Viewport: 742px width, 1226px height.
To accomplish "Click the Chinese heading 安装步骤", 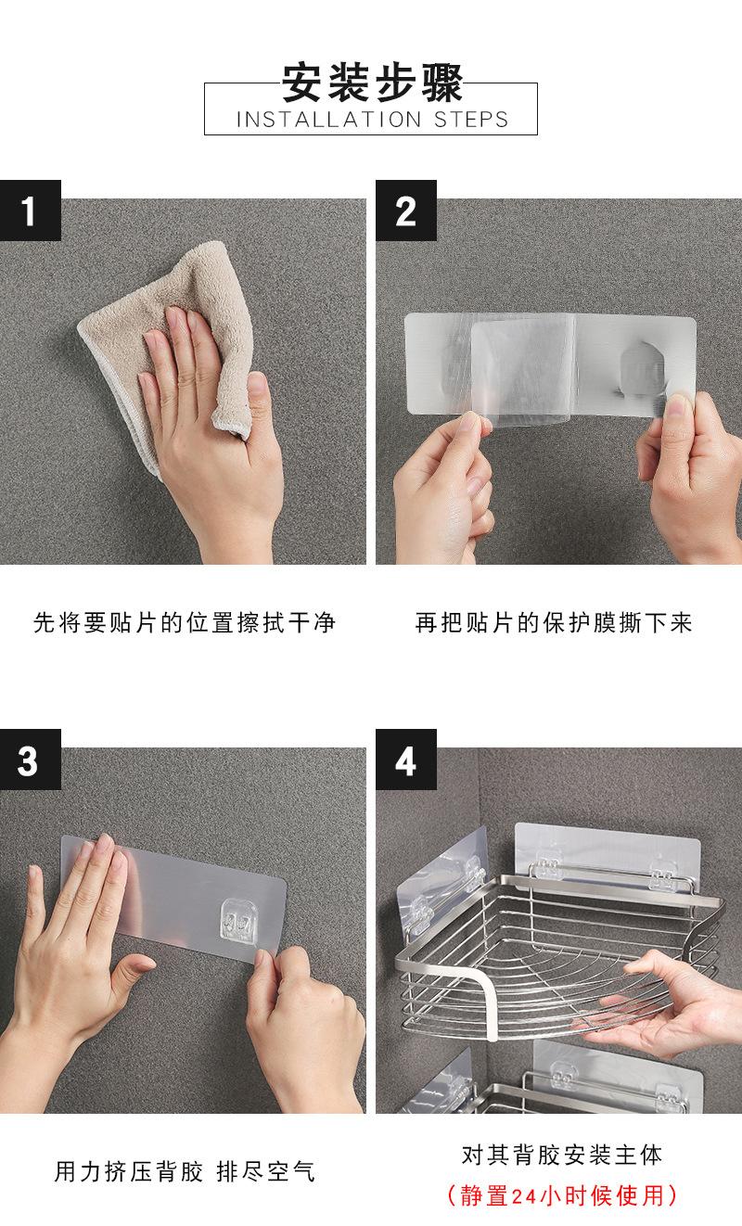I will coord(371,82).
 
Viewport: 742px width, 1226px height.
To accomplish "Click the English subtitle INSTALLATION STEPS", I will coord(372,120).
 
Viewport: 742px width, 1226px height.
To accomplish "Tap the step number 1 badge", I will coord(30,211).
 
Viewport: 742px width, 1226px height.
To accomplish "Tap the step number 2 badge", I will coord(405,211).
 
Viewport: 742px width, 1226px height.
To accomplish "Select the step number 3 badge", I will coord(30,760).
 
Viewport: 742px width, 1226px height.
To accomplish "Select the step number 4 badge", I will coord(405,760).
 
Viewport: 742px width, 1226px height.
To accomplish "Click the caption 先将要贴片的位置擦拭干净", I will coord(185,622).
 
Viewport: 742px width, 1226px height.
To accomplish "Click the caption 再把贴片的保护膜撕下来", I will coord(554,622).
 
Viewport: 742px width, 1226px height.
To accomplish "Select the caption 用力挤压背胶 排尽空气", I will coord(185,1171).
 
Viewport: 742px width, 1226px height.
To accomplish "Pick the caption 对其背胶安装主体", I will coord(562,1155).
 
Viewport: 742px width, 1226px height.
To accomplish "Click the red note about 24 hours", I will coord(562,1195).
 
